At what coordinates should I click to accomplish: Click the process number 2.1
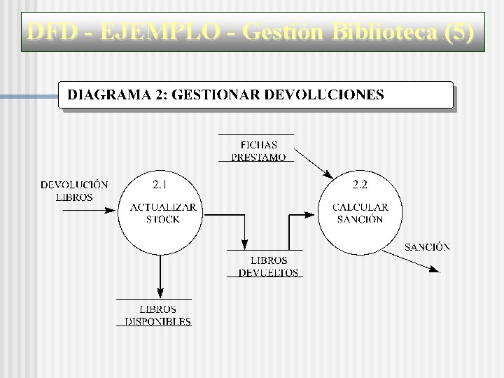[160, 185]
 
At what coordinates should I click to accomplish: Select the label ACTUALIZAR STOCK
[162, 213]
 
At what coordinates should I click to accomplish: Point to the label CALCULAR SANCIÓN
[360, 213]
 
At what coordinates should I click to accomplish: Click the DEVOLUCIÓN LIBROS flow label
[74, 190]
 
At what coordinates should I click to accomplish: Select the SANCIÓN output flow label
[427, 246]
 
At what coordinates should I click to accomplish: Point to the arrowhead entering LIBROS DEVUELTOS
[244, 245]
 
